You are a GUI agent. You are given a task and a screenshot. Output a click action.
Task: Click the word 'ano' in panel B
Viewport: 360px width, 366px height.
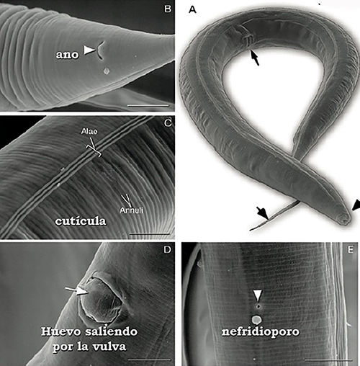pos(67,55)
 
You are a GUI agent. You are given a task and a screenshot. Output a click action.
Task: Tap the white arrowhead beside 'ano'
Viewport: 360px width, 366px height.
pos(89,50)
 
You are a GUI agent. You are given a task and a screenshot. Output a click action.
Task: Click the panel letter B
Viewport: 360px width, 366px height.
pos(168,9)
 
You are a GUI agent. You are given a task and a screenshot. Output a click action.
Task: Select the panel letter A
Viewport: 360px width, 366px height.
pos(192,9)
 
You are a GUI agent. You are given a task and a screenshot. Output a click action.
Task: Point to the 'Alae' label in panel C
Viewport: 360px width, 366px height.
pos(89,131)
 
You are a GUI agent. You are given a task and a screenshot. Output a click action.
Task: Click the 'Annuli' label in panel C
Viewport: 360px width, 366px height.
pos(131,210)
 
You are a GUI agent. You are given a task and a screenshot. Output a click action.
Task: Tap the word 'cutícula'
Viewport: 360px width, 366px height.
pos(81,221)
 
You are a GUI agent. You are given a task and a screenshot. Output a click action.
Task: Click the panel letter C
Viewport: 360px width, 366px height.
pos(168,123)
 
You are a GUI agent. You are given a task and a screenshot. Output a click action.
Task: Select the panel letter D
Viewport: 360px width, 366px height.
pos(167,250)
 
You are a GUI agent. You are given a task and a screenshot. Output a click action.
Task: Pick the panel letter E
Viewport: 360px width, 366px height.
pos(351,250)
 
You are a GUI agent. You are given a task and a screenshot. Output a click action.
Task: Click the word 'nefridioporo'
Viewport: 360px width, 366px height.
pos(261,332)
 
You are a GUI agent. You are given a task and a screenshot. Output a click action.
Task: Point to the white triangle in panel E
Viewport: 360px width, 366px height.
pos(258,295)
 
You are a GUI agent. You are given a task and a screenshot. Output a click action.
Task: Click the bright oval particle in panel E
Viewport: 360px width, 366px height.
pos(257,320)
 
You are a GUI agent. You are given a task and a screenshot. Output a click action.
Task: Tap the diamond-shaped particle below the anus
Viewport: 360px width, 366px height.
pos(106,71)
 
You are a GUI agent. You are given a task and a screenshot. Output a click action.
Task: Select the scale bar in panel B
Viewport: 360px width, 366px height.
pos(148,105)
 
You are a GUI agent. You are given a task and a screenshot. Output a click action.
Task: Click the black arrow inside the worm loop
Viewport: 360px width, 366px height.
pos(255,58)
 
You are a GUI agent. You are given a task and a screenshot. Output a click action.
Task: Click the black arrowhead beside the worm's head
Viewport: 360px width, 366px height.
pos(356,205)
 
